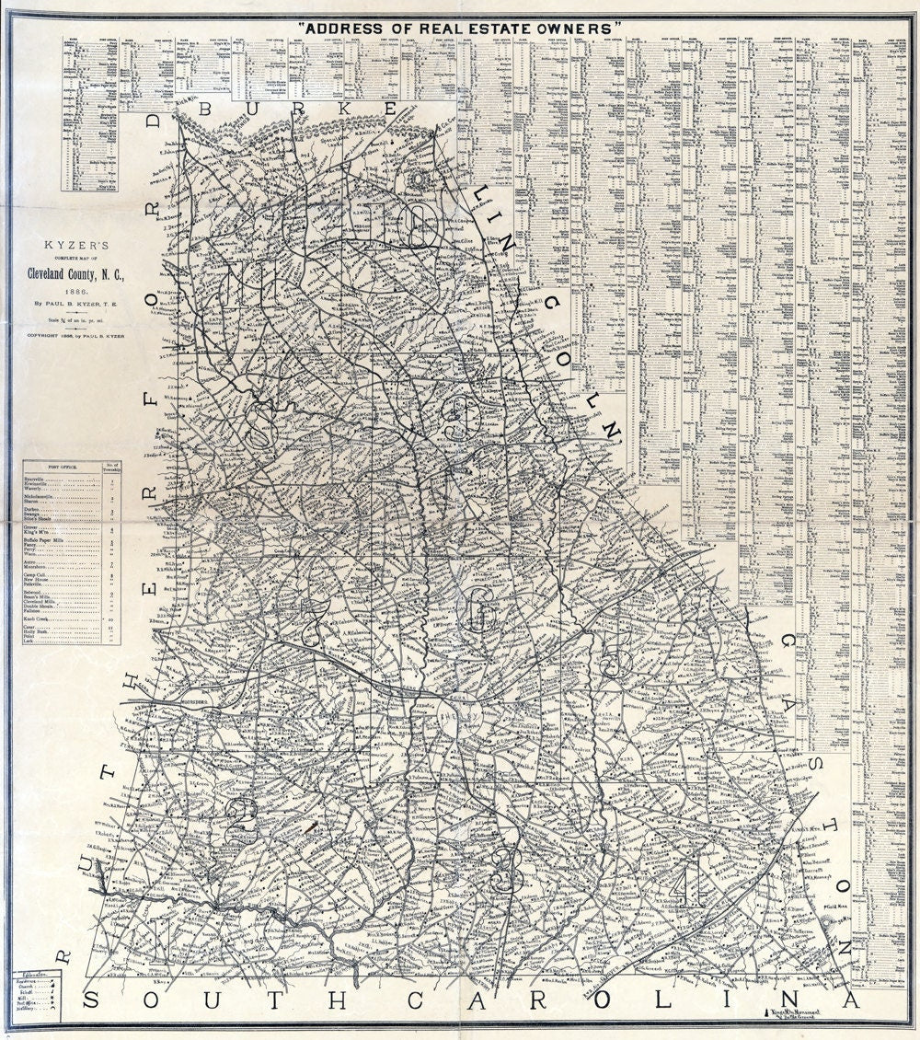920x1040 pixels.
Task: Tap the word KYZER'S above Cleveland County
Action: (71, 246)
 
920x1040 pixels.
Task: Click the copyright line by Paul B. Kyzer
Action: (71, 335)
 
